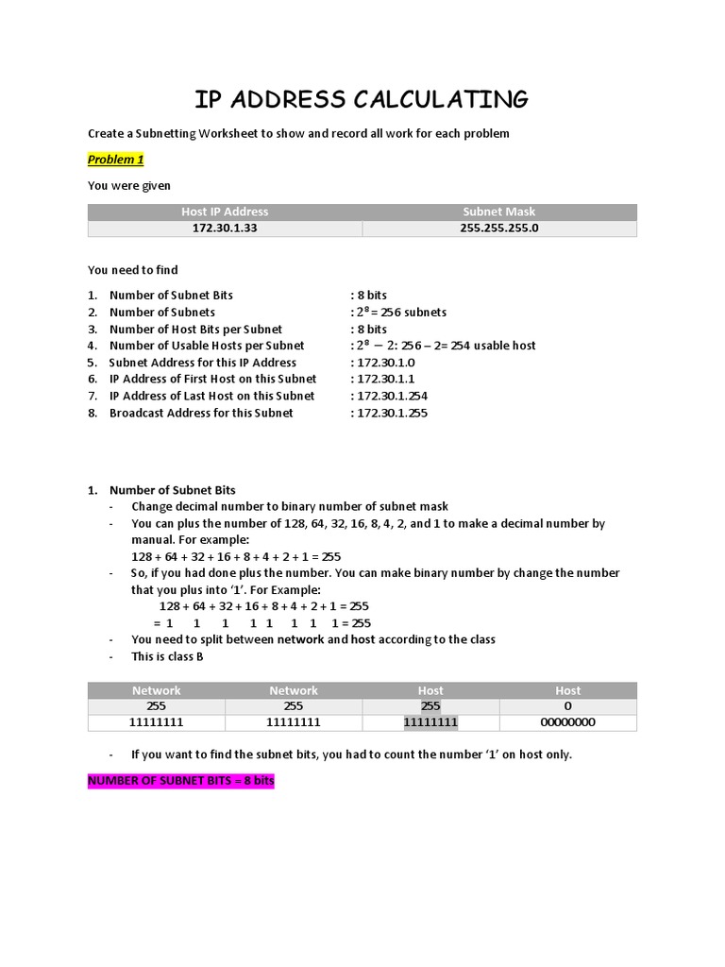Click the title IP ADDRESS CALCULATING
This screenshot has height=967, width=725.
tap(362, 99)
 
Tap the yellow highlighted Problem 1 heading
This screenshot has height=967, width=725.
tap(115, 160)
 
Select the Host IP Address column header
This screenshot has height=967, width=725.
tap(225, 212)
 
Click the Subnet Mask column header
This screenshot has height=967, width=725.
tap(499, 212)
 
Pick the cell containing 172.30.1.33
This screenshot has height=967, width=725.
tap(225, 229)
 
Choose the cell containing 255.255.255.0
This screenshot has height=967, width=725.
tap(499, 229)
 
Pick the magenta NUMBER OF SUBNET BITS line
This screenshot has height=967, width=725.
tap(180, 782)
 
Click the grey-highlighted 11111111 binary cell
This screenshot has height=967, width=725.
tap(430, 722)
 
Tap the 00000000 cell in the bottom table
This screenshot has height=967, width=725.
tap(567, 722)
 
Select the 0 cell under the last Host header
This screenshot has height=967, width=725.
tap(567, 706)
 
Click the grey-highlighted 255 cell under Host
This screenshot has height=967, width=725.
tap(430, 706)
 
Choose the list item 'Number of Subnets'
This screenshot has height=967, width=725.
tap(162, 312)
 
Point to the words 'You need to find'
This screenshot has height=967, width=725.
tap(132, 270)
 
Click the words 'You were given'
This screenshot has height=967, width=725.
tap(129, 186)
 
